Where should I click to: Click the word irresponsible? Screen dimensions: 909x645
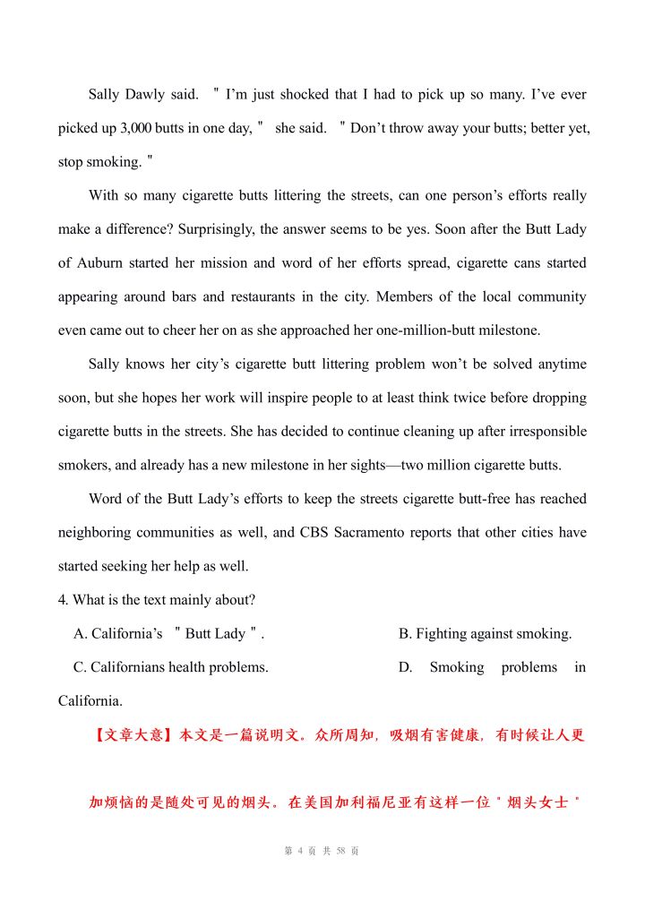[540, 432]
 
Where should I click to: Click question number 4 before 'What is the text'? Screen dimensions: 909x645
[63, 600]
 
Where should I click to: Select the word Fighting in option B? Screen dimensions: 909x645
[443, 634]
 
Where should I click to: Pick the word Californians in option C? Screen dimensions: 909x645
[131, 667]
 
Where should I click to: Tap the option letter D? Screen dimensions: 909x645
[405, 667]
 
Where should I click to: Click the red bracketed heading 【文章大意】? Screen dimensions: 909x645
[133, 735]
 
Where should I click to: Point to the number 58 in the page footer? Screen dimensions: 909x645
[340, 851]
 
